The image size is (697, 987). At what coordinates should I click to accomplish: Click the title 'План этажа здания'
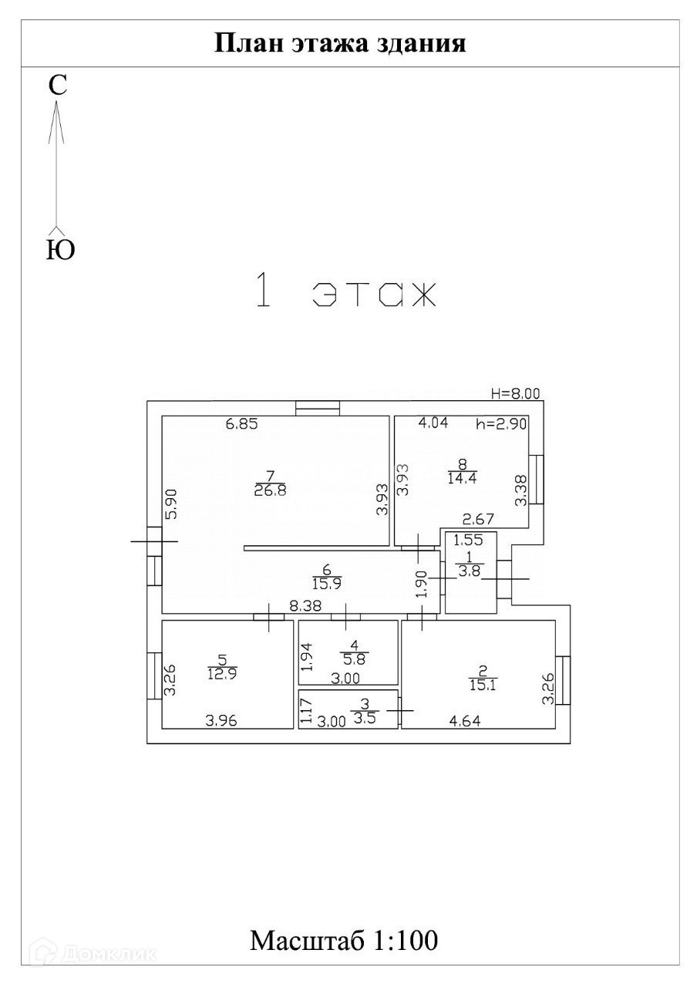(339, 42)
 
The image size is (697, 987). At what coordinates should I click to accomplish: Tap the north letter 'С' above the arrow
(58, 86)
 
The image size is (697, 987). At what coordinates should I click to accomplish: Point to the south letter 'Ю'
(60, 250)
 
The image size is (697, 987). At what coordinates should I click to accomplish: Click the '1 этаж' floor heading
(346, 294)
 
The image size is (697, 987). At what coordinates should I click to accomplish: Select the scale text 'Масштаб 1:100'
(344, 941)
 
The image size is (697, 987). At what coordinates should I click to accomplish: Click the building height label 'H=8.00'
(516, 393)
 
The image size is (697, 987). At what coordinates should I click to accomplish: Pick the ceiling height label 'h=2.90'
(501, 423)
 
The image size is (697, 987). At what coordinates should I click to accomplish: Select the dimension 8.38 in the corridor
(305, 607)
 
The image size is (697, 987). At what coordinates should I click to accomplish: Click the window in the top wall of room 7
(318, 408)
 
